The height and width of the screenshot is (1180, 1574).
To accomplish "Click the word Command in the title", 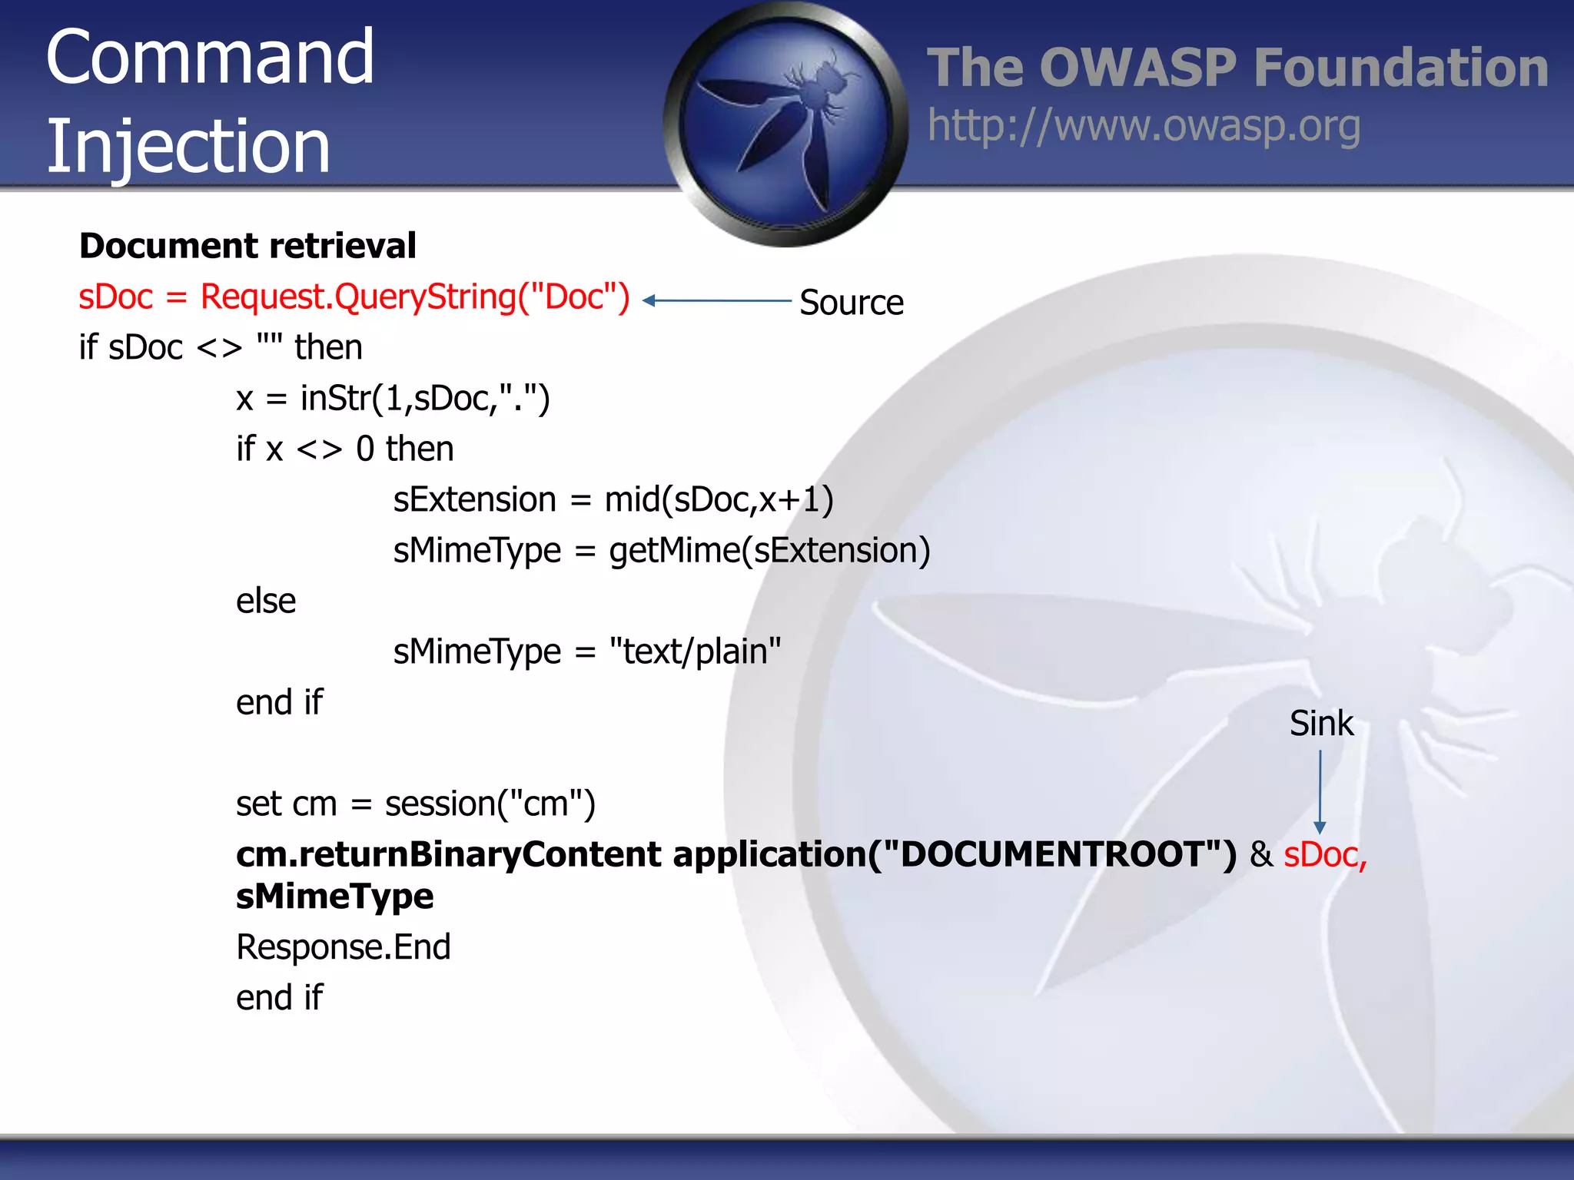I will click(x=209, y=57).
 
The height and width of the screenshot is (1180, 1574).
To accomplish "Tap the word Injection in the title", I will click(x=188, y=146).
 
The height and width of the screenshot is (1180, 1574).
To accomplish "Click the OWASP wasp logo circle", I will click(x=785, y=123).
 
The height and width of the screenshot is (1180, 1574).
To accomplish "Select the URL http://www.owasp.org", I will click(x=1144, y=127).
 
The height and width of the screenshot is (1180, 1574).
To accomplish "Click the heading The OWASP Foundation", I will click(x=1237, y=68).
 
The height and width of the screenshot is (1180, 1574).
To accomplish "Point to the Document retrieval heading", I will click(x=247, y=246).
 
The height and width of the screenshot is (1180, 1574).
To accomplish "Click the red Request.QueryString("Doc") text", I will click(x=415, y=297).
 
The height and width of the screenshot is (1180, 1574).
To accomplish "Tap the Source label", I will click(x=851, y=303).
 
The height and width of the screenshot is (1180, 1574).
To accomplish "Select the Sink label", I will click(x=1320, y=724).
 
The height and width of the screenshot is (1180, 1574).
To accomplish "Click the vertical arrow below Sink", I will click(x=1320, y=791).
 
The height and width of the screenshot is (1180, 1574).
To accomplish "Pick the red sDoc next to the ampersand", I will click(x=1324, y=855).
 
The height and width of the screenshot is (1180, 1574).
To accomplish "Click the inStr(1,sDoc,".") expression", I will click(x=425, y=399).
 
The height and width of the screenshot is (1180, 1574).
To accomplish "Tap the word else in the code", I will click(x=265, y=601).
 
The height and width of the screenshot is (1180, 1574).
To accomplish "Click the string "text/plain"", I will click(x=695, y=651).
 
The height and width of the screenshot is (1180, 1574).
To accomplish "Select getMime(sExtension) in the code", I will click(x=769, y=551).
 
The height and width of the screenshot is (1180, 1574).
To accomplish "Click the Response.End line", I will click(x=343, y=947).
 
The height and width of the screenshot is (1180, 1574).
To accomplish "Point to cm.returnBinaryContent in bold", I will click(x=448, y=855).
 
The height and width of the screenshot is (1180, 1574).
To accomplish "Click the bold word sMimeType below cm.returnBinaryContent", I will click(x=334, y=897).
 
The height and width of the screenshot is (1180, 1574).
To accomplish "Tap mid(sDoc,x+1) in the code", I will click(x=719, y=500).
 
